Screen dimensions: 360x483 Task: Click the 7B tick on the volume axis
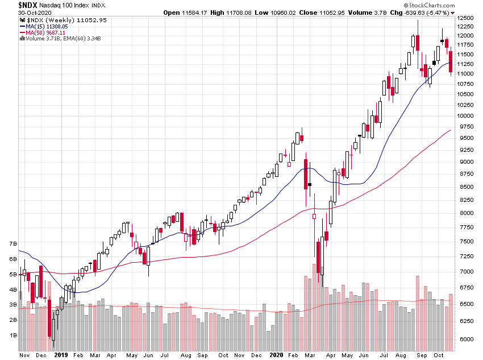pos(12,243)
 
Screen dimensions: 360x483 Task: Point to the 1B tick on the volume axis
pos(12,336)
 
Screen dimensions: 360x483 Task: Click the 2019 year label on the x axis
pos(61,354)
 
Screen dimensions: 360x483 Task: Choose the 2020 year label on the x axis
pos(275,354)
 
